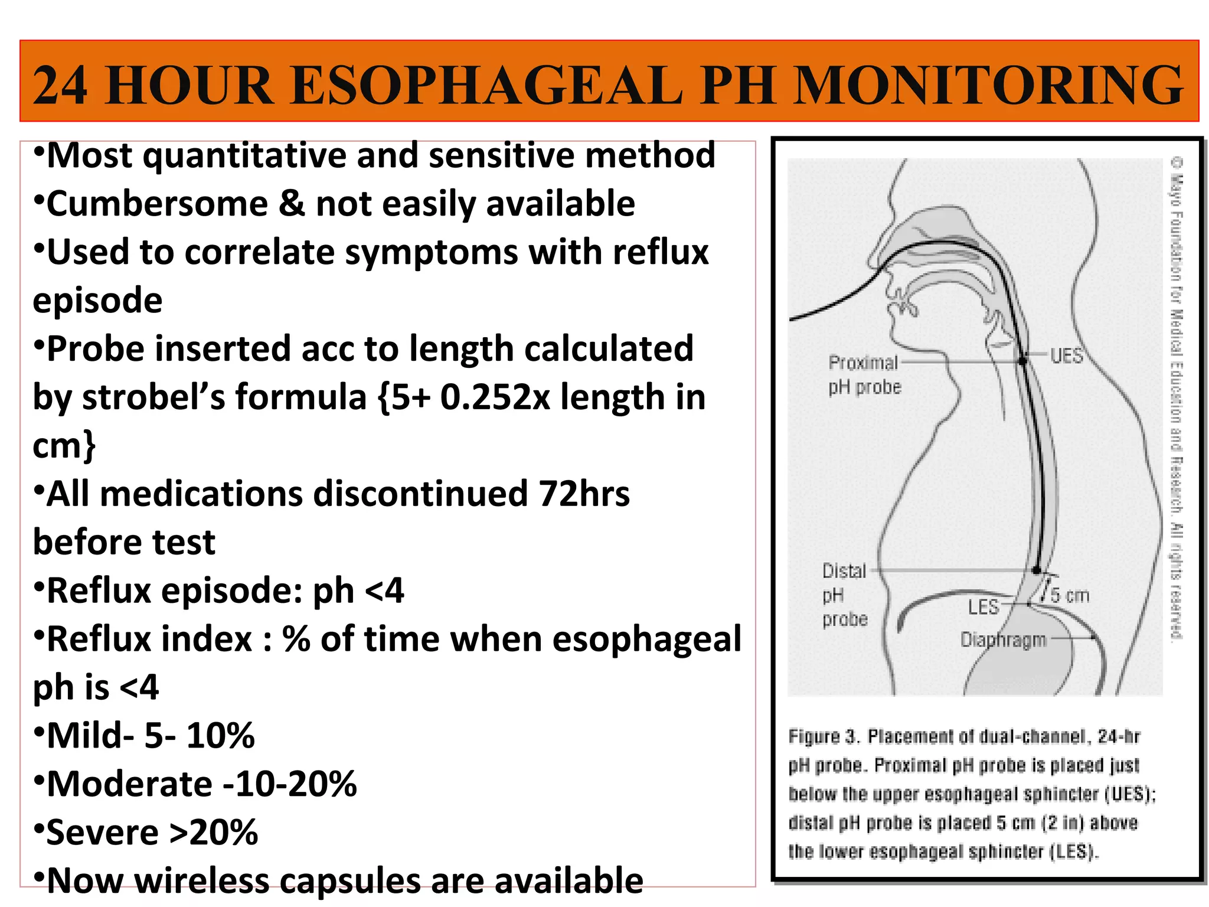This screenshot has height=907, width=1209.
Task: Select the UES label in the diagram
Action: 1067,356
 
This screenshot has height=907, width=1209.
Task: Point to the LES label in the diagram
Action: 983,607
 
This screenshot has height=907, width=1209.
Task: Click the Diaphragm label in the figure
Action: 1003,640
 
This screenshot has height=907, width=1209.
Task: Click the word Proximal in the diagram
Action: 863,363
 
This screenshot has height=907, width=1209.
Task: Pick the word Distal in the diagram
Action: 844,571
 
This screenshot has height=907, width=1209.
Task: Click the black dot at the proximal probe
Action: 1023,360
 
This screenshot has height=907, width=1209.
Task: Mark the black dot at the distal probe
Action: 1037,570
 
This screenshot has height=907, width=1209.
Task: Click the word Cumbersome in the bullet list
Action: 157,204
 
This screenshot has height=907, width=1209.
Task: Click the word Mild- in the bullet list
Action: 91,736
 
